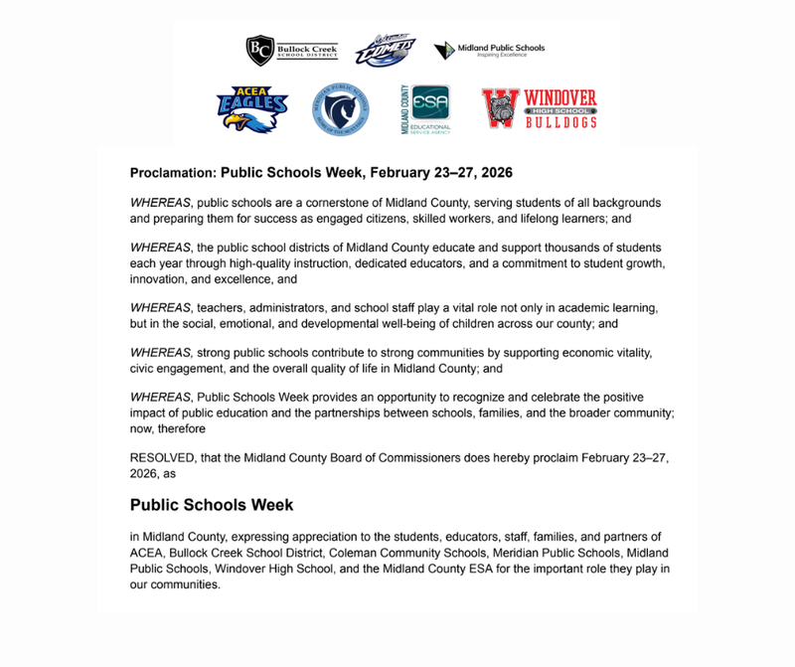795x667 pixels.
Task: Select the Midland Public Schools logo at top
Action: coord(489,49)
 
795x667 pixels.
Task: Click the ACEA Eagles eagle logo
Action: coord(252,108)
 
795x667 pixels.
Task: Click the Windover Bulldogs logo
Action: coord(540,108)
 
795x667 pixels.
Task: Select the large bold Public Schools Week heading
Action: coord(211,504)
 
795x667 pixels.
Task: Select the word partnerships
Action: coord(402,412)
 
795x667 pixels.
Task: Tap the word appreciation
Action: coord(338,537)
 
